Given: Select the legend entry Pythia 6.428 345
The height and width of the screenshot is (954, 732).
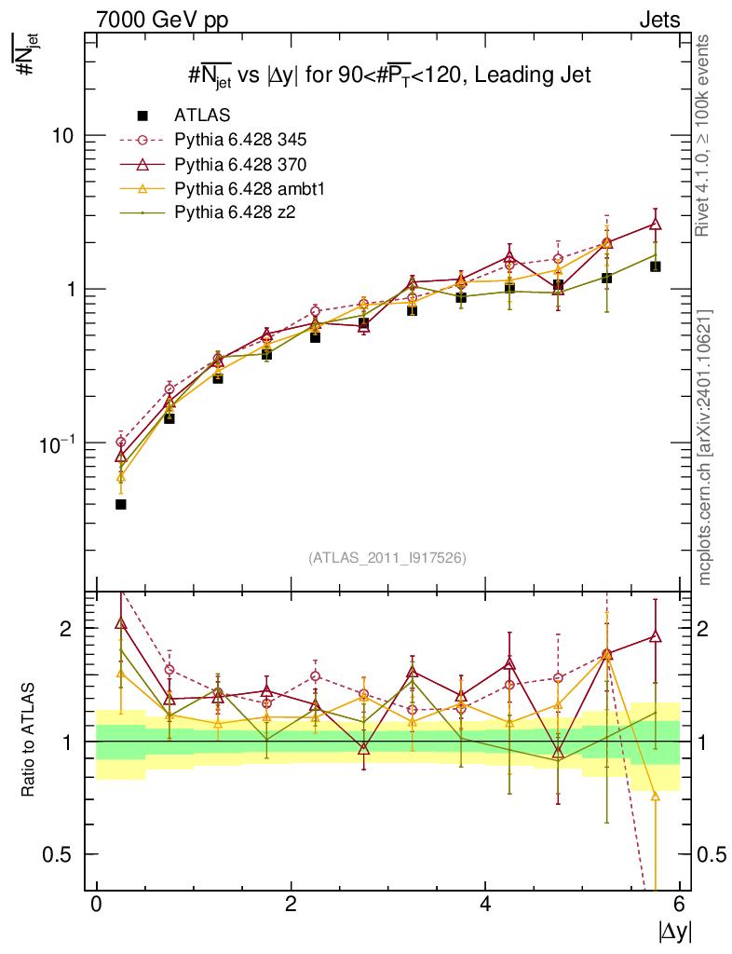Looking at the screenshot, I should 240,140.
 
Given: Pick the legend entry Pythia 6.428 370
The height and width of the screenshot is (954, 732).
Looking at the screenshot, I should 240,164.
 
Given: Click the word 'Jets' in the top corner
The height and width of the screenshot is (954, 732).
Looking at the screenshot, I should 658,19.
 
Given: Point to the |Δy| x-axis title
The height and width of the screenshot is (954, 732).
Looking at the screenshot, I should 675,930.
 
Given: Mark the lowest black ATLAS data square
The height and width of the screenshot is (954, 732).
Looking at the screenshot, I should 120,504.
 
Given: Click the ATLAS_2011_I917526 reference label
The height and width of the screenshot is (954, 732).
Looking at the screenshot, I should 387,557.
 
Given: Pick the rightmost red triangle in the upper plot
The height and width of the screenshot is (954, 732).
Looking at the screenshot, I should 656,224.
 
